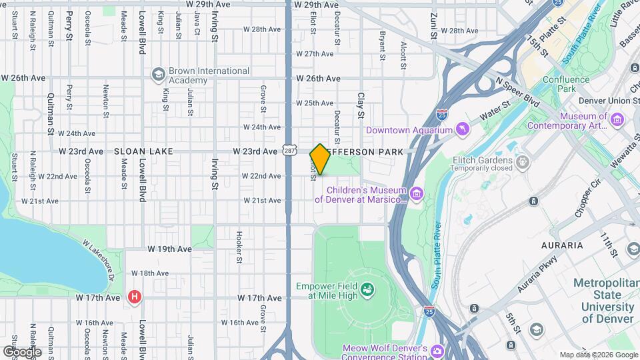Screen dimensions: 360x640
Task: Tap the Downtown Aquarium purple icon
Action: pyautogui.click(x=461, y=129)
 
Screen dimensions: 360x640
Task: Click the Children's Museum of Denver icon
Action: pyautogui.click(x=417, y=193)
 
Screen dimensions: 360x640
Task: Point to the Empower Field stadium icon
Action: pyautogui.click(x=367, y=289)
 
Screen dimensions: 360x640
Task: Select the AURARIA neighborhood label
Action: pyautogui.click(x=562, y=245)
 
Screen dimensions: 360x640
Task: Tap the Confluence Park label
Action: pyautogui.click(x=575, y=84)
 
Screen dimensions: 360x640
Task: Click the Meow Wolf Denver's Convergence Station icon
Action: pyautogui.click(x=437, y=351)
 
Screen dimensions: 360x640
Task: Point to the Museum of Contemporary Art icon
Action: pyautogui.click(x=617, y=121)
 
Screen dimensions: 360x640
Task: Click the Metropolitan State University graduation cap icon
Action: pyautogui.click(x=536, y=329)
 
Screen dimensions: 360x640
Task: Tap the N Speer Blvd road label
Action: pyautogui.click(x=517, y=91)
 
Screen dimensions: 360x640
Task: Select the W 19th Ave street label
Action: pyautogui.click(x=169, y=249)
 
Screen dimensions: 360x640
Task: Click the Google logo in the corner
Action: pyautogui.click(x=22, y=351)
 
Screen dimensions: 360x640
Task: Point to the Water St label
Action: pyautogui.click(x=496, y=110)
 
